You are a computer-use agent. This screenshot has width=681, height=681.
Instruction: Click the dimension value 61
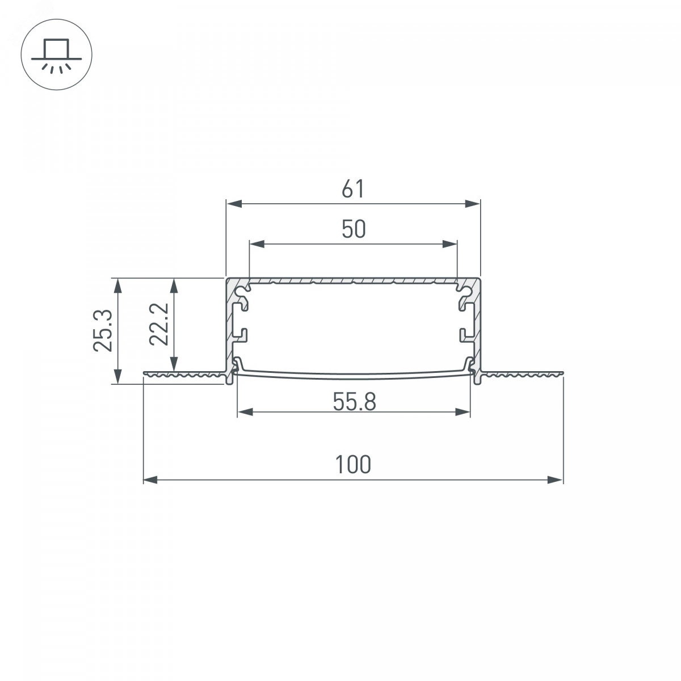coord(352,189)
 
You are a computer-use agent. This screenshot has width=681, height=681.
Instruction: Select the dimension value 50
coord(354,229)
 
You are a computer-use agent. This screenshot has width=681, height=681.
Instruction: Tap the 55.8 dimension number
coord(354,402)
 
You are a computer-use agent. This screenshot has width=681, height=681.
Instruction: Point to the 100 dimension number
coord(353,465)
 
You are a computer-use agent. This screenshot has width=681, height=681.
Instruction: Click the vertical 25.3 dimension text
coord(103,330)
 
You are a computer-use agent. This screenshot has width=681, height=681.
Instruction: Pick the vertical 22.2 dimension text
coord(159,323)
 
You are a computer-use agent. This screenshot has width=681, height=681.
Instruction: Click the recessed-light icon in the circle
coord(57,55)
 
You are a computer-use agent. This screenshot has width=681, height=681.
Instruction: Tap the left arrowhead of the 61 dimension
coord(234,204)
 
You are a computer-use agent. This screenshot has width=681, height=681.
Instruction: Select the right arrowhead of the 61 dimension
coord(473,204)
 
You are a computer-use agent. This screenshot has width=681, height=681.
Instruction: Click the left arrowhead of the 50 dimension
coord(257,244)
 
